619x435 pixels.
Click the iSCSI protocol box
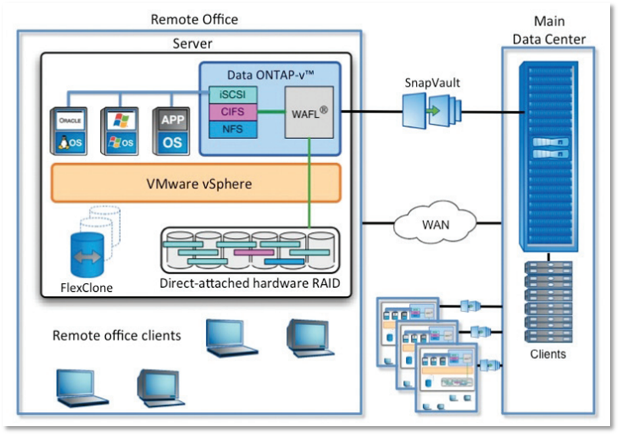click(229, 95)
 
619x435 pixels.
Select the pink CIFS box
click(229, 110)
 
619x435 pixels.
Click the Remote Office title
click(194, 20)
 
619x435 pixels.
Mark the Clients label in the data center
click(547, 353)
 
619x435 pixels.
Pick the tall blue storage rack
click(549, 156)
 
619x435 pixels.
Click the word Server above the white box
click(193, 44)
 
